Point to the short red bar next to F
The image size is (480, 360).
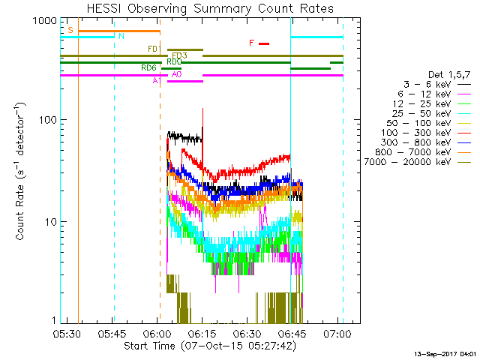264,43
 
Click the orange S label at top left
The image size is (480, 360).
70,30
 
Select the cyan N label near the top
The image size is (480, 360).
121,36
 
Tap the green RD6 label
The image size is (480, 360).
148,68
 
